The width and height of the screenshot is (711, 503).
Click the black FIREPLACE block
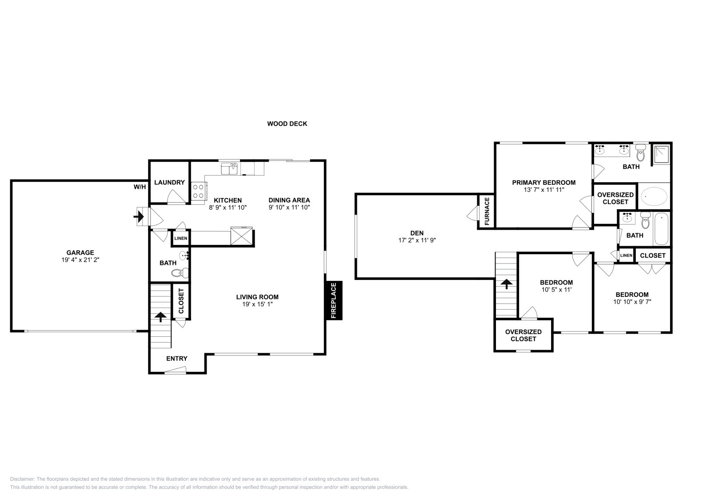(334, 300)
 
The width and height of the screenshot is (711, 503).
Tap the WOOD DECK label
(287, 124)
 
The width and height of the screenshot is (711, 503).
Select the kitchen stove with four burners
(198, 192)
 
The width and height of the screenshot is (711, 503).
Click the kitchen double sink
(229, 168)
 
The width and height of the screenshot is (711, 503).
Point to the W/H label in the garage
(140, 187)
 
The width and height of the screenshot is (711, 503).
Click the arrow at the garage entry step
(138, 217)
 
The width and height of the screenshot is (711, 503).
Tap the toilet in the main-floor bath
(180, 273)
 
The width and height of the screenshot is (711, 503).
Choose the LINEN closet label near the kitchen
(180, 238)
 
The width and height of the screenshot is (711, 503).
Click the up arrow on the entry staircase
(160, 317)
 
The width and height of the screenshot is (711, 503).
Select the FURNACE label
(487, 211)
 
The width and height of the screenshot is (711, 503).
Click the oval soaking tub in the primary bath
(654, 196)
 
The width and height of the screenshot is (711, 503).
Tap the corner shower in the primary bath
(662, 154)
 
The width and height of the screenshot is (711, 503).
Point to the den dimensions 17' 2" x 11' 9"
(417, 240)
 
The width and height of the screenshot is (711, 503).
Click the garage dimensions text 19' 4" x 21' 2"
(80, 259)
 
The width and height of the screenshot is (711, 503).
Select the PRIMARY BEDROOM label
(544, 183)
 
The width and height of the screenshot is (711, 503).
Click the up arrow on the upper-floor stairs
(506, 283)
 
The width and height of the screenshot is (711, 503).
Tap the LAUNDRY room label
(169, 183)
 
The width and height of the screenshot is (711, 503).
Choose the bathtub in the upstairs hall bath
(662, 229)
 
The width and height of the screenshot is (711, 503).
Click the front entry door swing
(175, 370)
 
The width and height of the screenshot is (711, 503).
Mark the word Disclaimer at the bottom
(22, 479)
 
